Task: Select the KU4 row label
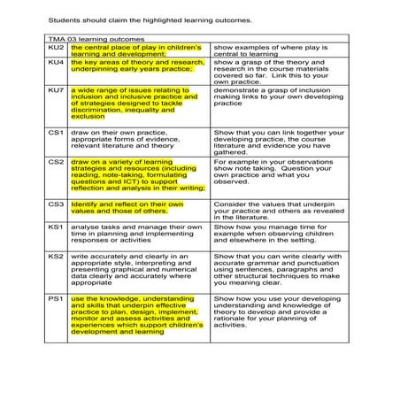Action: (55, 63)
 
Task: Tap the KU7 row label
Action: (55, 89)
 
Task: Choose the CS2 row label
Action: (55, 162)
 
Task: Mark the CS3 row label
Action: (55, 204)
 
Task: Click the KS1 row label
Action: (55, 227)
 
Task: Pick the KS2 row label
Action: (55, 257)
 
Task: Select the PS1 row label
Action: (55, 300)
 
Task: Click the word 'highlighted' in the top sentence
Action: (168, 18)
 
